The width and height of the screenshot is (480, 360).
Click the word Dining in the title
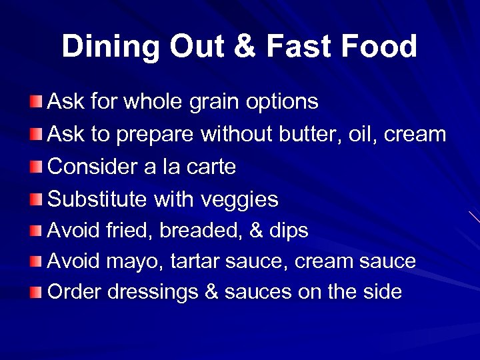[x=109, y=47]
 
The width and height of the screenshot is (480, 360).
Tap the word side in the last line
[x=382, y=292]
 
